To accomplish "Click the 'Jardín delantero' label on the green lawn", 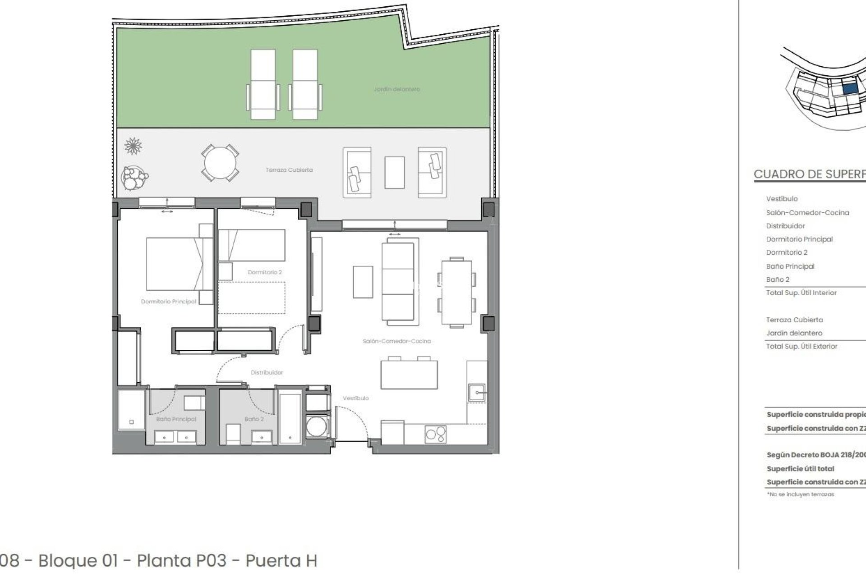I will [396, 89].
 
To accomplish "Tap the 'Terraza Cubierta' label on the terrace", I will [289, 170].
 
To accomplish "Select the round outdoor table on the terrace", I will [220, 163].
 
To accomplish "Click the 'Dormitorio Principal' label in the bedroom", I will [168, 302].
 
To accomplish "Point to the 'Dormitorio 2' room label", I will [265, 272].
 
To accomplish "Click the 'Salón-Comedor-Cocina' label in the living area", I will [396, 341].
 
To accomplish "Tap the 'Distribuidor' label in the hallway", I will [267, 372].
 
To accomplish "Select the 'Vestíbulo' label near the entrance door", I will [355, 398].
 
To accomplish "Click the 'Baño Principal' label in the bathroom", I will [176, 419].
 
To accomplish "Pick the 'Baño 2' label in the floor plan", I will [254, 419].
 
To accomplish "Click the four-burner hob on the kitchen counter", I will [435, 434].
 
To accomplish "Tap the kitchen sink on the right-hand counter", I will [476, 392].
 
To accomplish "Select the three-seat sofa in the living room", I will [398, 282].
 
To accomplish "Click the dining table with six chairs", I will [456, 292].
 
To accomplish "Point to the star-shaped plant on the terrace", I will [133, 146].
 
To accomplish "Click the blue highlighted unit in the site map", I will [850, 89].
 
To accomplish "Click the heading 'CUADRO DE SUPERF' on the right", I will [810, 174].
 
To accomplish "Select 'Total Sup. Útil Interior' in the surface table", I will [801, 293].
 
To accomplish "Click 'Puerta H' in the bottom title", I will [281, 561].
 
